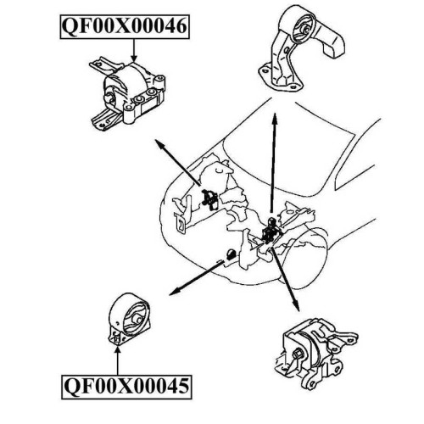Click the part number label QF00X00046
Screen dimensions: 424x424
pyautogui.click(x=125, y=26)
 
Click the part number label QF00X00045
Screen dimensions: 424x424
pyautogui.click(x=126, y=387)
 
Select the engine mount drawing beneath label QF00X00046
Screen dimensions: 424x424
pyautogui.click(x=127, y=94)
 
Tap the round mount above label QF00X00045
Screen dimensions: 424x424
pyautogui.click(x=129, y=318)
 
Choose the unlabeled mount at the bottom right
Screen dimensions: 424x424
pyautogui.click(x=315, y=354)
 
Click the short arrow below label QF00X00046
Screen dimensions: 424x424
pyautogui.click(x=134, y=50)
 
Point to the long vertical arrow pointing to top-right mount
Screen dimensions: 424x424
pyautogui.click(x=273, y=163)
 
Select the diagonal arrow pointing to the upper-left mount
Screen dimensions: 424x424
pyautogui.click(x=178, y=162)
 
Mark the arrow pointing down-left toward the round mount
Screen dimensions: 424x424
pyautogui.click(x=197, y=278)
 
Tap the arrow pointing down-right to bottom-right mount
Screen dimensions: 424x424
pyautogui.click(x=285, y=279)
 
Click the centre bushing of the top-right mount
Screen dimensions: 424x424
pyautogui.click(x=304, y=30)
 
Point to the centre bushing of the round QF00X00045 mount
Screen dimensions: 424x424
pyautogui.click(x=137, y=319)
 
